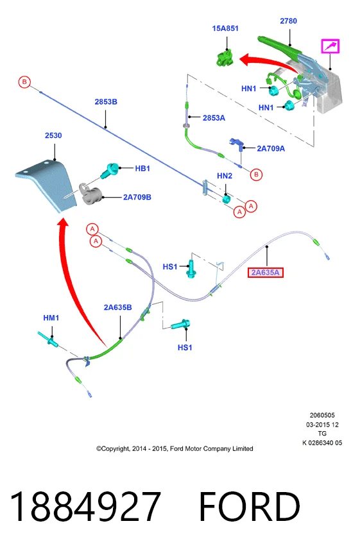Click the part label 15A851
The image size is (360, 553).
coord(225,28)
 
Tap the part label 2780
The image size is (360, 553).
coord(288,21)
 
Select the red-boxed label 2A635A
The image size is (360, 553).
coord(266,273)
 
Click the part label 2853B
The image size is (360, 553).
coord(106,102)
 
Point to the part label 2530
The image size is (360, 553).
coord(53,135)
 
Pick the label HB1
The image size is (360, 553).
coord(142,169)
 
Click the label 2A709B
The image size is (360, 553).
coord(137,197)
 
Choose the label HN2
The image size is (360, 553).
coord(225,176)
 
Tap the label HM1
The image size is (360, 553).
coord(51,318)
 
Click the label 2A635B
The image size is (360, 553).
coord(118,307)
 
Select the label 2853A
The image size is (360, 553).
coord(214,118)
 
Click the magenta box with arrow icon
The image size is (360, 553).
coord(330,46)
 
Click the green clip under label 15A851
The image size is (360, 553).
coord(225,58)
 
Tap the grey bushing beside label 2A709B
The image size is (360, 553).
coord(90,194)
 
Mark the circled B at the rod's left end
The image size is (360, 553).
coord(24,82)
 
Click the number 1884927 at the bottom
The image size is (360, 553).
coord(85,507)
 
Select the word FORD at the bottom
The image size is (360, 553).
coord(250,507)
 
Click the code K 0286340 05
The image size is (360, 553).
coord(322,443)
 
